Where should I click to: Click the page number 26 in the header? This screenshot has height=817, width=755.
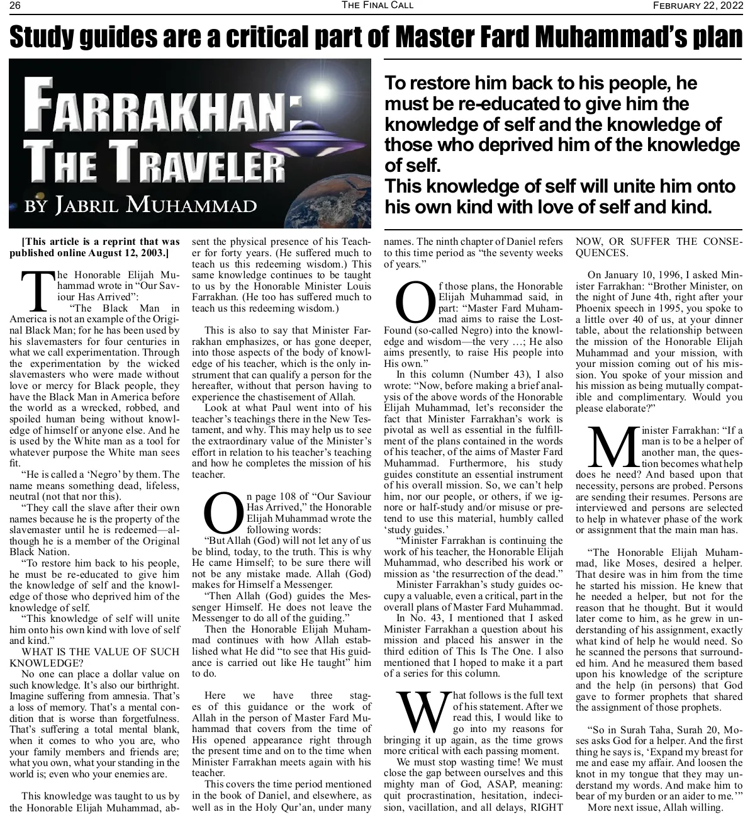(x=15, y=6)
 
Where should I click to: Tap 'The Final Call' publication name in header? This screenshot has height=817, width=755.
(x=369, y=6)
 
